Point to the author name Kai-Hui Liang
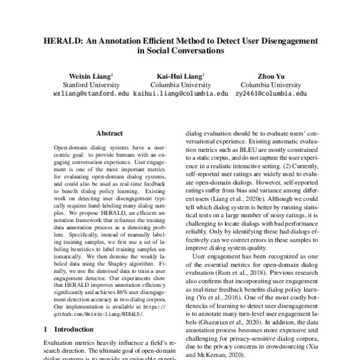[x=180, y=76]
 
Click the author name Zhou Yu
[x=271, y=76]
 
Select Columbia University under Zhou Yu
[x=271, y=85]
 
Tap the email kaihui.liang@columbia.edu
[x=180, y=94]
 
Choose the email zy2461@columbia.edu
[x=271, y=94]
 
